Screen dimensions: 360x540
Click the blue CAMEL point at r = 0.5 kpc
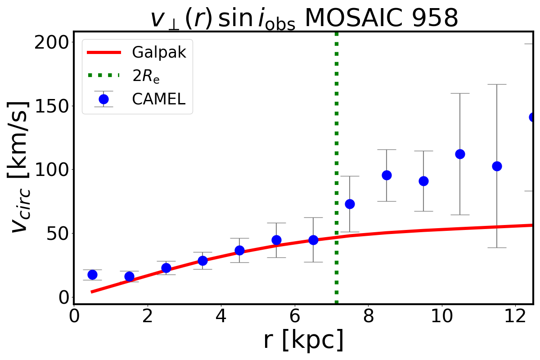92,274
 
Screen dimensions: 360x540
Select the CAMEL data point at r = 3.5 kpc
202,261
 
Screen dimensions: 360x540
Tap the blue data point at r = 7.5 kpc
350,204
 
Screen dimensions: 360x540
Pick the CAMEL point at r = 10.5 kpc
460,154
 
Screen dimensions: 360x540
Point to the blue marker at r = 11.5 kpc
497,166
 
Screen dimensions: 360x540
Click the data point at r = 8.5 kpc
387,175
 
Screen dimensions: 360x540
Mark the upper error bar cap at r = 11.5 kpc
497,84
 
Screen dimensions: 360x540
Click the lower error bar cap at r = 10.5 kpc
460,215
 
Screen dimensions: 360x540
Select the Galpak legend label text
159,53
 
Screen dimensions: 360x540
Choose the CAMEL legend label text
159,99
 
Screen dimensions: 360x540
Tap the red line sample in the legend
103,53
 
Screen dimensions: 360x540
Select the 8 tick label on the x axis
368,315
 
